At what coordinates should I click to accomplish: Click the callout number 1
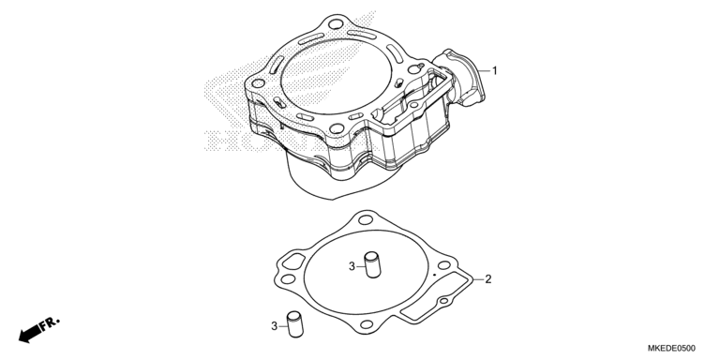tap(494, 70)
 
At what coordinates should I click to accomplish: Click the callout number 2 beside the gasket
tap(487, 278)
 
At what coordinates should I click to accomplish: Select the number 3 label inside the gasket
tap(352, 267)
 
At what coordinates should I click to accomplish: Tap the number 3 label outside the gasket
tap(275, 326)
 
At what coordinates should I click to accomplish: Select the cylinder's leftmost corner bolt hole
tap(253, 83)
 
